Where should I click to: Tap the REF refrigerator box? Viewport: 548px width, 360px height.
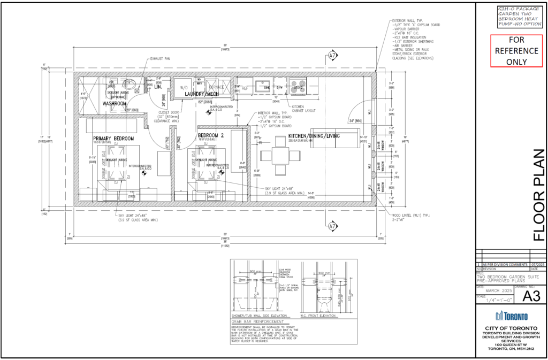pyautogui.click(x=245, y=87)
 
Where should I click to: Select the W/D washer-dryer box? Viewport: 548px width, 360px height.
pyautogui.click(x=184, y=87)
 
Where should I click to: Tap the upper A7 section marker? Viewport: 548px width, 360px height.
pyautogui.click(x=332, y=55)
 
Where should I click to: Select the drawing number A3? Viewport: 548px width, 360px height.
pyautogui.click(x=528, y=296)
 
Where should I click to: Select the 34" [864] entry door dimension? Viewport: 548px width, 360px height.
pyautogui.click(x=356, y=121)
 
